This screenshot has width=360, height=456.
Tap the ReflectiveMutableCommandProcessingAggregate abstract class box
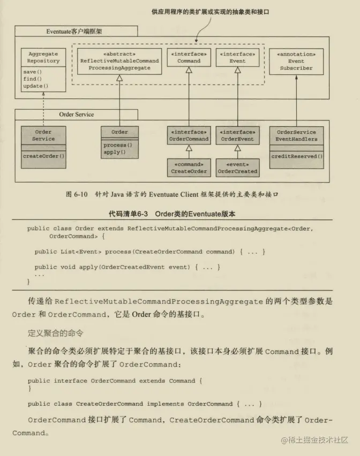coord(119,61)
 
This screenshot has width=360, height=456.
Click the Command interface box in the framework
coord(189,57)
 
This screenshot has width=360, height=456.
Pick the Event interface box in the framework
coord(237,57)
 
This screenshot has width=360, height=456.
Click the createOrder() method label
coord(43,156)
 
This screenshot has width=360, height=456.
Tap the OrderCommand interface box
coord(189,135)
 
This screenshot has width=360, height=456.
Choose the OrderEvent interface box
coord(238,135)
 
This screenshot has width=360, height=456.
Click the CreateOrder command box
coord(189,168)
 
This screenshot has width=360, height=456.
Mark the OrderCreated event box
coord(238,168)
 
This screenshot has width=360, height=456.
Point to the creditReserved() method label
coord(297,156)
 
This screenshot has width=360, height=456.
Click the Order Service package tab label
coord(76,114)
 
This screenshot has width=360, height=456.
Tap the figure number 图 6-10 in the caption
coord(77,194)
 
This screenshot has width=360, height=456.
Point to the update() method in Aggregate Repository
coord(35,86)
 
